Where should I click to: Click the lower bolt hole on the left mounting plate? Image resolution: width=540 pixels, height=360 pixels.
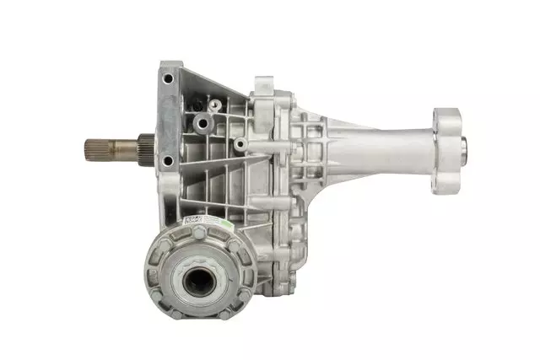(x=168, y=160)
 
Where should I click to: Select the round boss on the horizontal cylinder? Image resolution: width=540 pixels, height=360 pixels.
(x=240, y=145)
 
